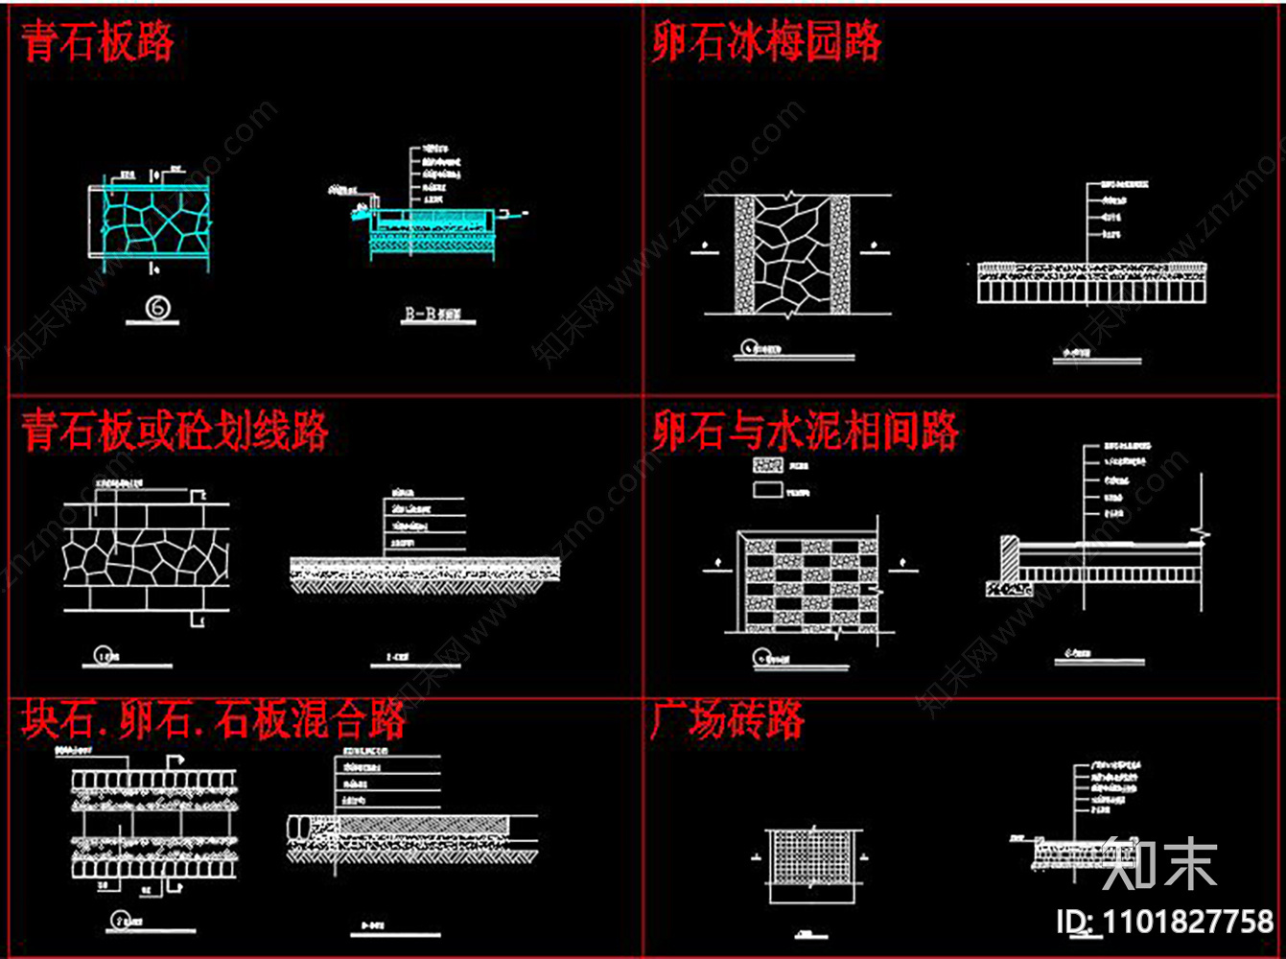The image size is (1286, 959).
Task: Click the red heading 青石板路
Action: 97,43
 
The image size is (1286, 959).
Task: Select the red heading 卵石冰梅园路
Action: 765,43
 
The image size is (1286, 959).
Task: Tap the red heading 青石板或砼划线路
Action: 175,432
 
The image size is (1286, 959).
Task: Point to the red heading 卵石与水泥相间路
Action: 805,432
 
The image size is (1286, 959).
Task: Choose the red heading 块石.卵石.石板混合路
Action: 213,720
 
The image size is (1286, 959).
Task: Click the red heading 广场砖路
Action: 727,720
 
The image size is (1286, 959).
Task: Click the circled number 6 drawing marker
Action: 158,307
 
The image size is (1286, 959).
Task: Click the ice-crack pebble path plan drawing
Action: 792,255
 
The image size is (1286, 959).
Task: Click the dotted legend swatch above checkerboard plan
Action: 767,465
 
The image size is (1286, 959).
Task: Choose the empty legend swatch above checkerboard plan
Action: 767,490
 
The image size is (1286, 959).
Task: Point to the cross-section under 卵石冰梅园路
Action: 1086,282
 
